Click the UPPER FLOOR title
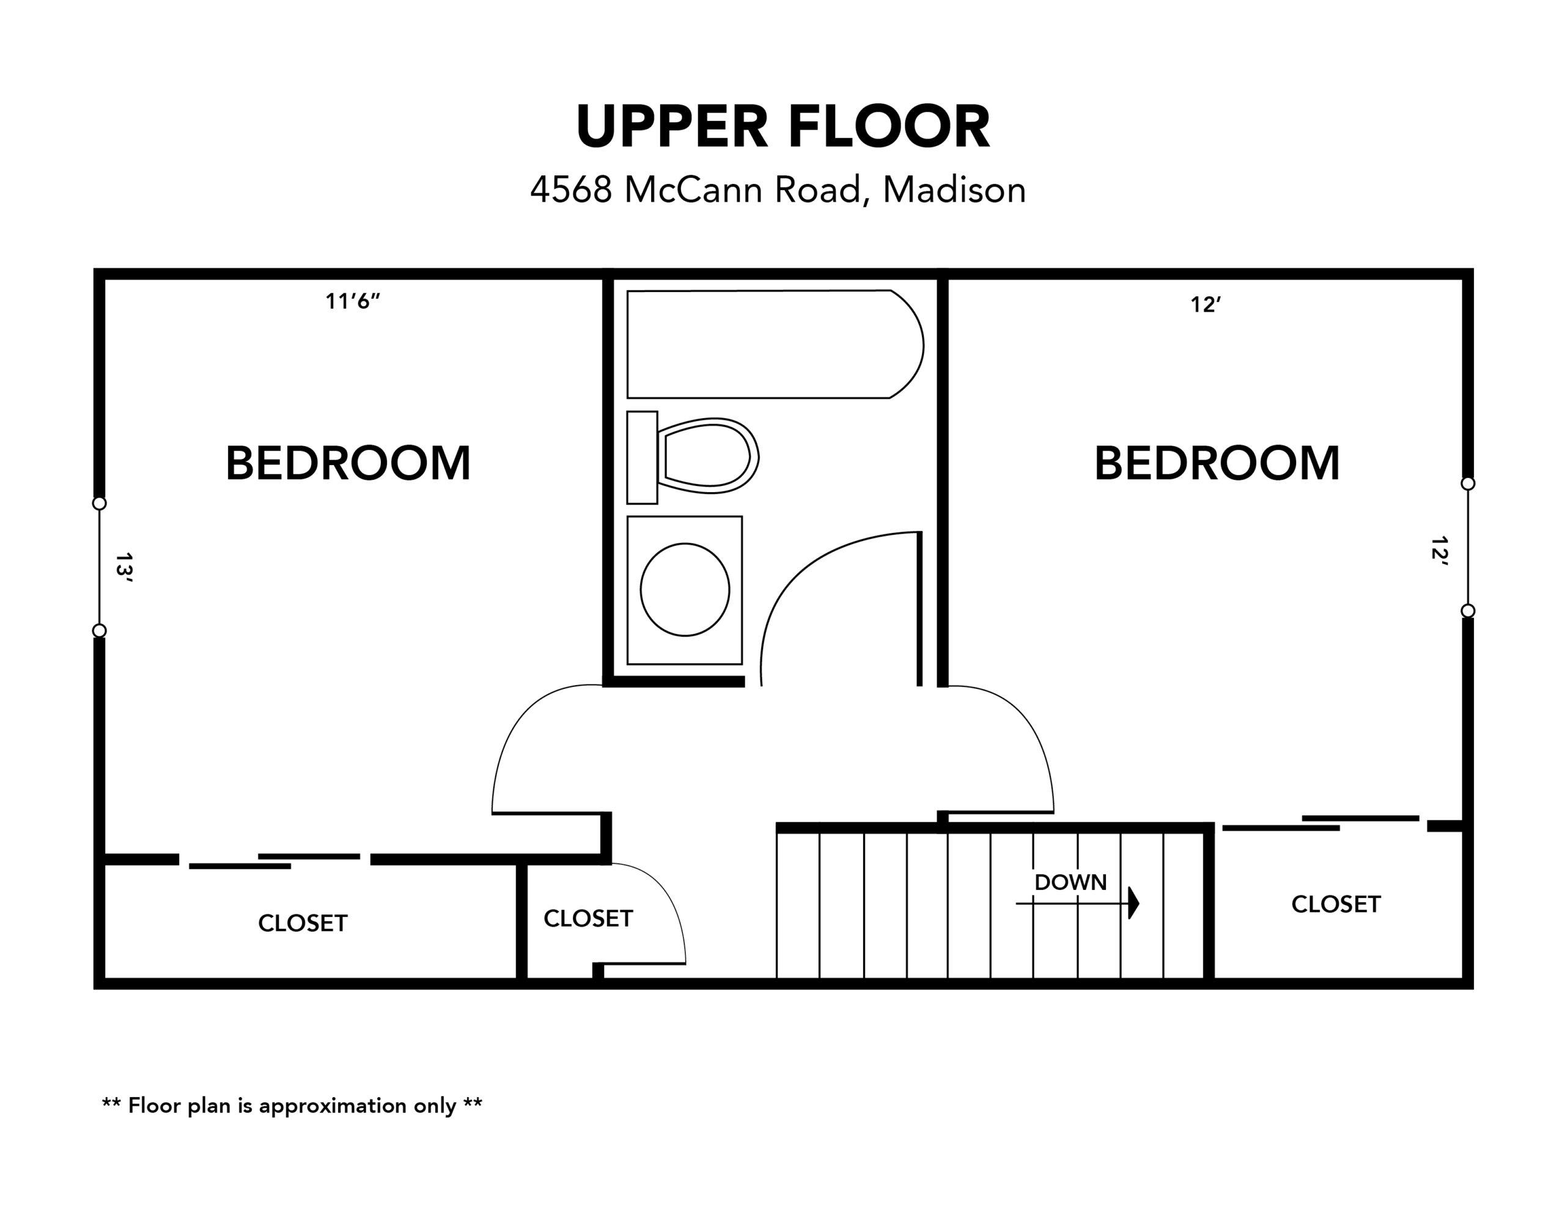[x=782, y=127]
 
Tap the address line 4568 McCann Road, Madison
[x=778, y=190]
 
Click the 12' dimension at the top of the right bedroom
[x=1206, y=304]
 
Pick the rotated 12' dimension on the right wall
[x=1439, y=552]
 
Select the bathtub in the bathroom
[x=775, y=344]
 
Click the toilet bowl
[x=708, y=456]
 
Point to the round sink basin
[x=685, y=590]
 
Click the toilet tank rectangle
[x=642, y=457]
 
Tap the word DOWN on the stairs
[x=1070, y=882]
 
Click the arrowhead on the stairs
[x=1133, y=903]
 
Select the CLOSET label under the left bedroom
[x=303, y=923]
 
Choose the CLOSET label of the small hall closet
[x=588, y=919]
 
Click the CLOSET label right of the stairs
[x=1336, y=905]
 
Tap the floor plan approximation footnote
[x=292, y=1106]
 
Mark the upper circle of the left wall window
[x=100, y=504]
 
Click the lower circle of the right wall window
[x=1468, y=611]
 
